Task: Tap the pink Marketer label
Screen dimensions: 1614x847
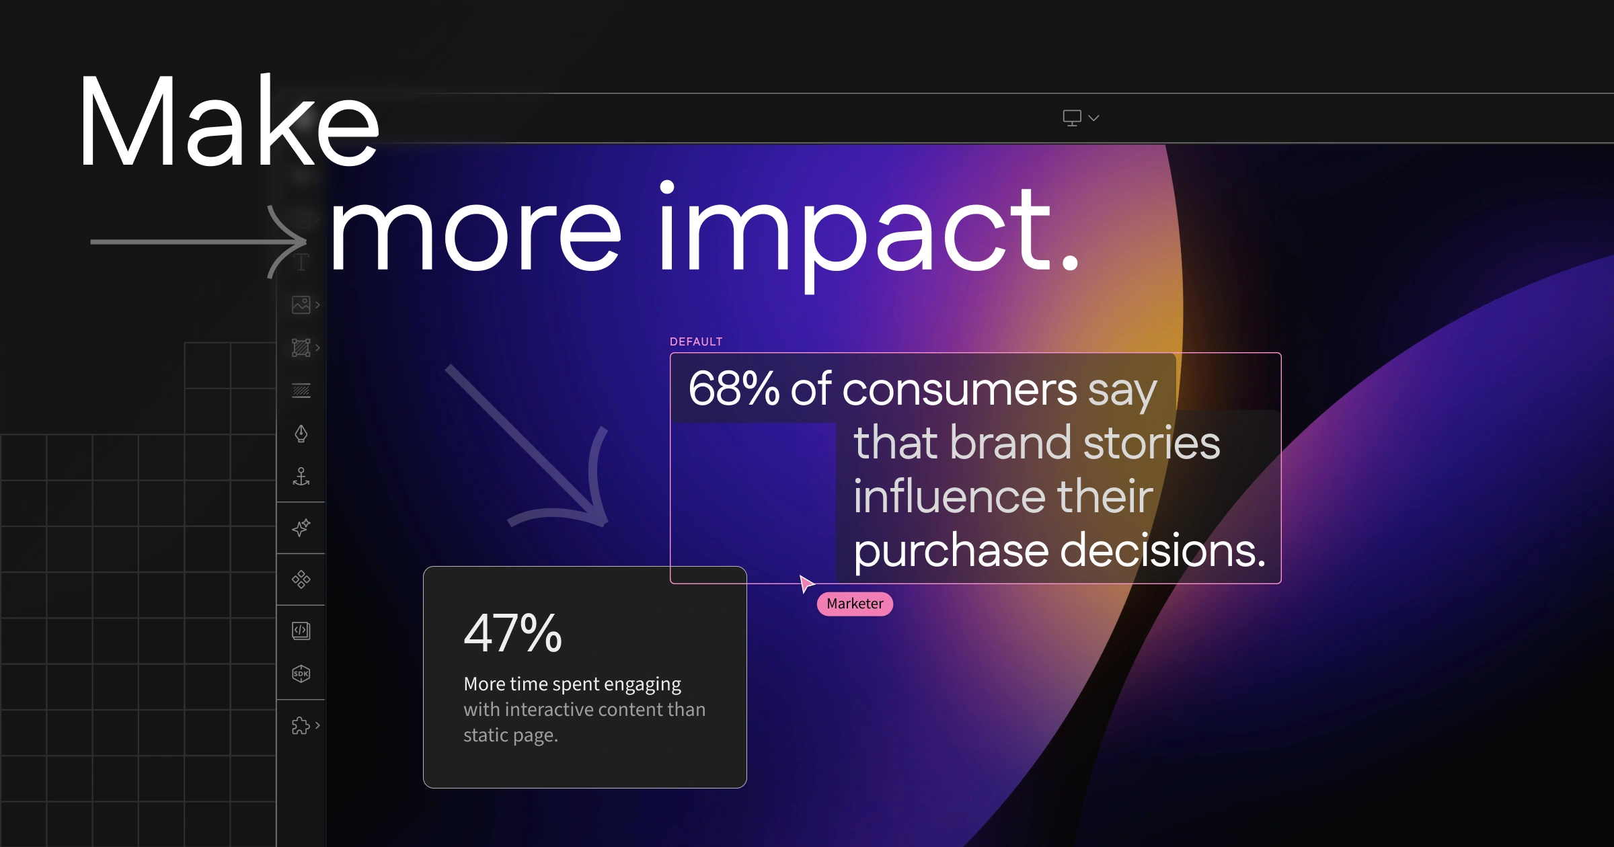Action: tap(855, 604)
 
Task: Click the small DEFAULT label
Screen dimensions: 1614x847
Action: tap(696, 341)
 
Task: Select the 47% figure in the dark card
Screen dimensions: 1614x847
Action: tap(512, 633)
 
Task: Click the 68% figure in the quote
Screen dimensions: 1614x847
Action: tap(734, 388)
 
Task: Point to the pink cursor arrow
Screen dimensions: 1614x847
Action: tap(806, 583)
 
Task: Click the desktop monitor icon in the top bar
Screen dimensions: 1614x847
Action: tap(1072, 118)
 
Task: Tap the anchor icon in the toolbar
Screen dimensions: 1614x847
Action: tap(301, 477)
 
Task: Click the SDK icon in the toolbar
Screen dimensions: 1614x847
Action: tap(301, 674)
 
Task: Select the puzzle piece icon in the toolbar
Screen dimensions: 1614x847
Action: tap(301, 725)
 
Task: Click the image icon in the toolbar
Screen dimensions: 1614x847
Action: tap(301, 305)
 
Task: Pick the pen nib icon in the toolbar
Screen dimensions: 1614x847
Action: tap(301, 434)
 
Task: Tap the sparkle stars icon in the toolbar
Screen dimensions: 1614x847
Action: tap(301, 528)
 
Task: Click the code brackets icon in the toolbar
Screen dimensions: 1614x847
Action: tap(301, 631)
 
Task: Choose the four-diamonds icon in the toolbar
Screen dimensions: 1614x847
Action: tap(301, 579)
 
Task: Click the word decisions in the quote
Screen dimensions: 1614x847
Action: tap(1163, 550)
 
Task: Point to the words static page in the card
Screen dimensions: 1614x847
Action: tap(510, 735)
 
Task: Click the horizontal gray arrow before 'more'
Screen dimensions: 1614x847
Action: tap(199, 241)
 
